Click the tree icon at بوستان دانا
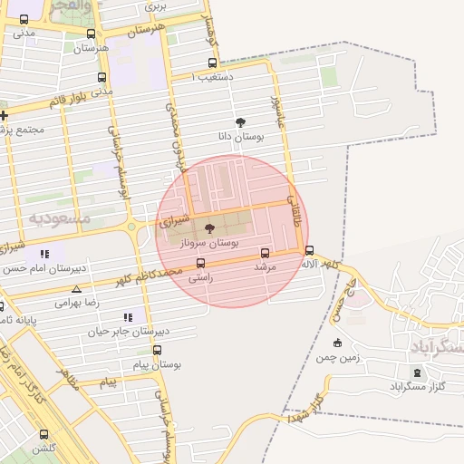[x=240, y=122]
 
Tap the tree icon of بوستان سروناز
[x=210, y=229]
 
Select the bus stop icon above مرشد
[x=266, y=253]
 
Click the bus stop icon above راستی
[x=200, y=264]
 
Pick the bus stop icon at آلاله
[x=310, y=250]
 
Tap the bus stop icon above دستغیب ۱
[x=213, y=63]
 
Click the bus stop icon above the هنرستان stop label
[x=90, y=33]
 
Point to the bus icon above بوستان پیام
[x=157, y=350]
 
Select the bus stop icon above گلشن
[x=43, y=434]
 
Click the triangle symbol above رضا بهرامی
[x=76, y=290]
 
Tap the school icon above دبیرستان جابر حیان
[x=127, y=317]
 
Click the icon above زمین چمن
[x=337, y=343]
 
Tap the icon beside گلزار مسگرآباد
[x=417, y=372]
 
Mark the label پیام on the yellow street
[x=108, y=383]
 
